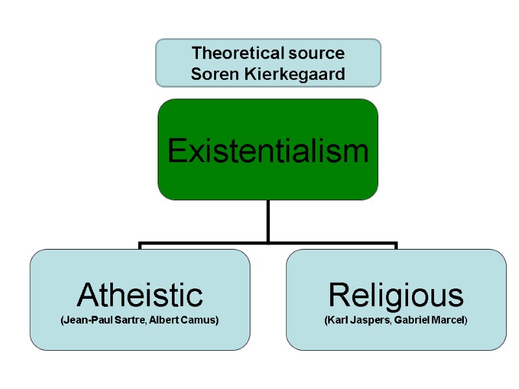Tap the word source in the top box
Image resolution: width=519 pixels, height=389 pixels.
pos(318,53)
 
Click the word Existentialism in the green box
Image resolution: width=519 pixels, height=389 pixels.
pos(268,151)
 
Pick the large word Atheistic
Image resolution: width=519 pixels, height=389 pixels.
pos(140,296)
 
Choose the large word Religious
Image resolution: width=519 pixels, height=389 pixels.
pos(396,296)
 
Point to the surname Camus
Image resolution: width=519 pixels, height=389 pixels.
pos(199,321)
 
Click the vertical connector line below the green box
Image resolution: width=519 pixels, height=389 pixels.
pos(268,220)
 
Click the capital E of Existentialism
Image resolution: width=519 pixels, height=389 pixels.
pos(176,151)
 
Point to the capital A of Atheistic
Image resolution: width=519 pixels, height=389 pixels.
pos(88,296)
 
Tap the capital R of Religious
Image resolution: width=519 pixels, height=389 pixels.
pos(339,296)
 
